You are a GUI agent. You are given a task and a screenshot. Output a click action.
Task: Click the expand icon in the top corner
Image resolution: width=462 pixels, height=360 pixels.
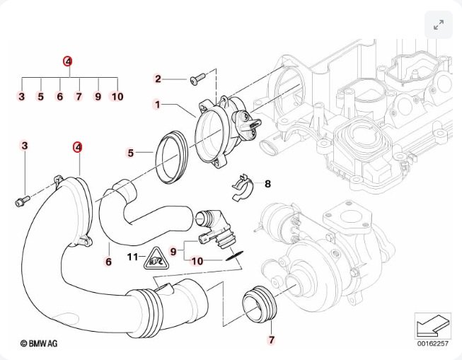click(x=438, y=25)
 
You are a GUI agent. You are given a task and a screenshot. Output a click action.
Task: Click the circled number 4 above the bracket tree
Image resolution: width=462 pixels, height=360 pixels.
click(x=68, y=62)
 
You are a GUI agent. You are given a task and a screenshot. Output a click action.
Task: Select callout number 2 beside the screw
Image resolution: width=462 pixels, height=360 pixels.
click(x=158, y=79)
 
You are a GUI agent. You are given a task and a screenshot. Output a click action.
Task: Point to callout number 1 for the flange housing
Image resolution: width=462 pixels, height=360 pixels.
click(x=158, y=105)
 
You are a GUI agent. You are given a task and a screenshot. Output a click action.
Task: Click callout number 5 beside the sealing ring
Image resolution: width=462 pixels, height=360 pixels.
click(x=130, y=152)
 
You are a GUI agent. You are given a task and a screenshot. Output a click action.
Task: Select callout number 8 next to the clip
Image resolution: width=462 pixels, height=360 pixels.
click(x=267, y=184)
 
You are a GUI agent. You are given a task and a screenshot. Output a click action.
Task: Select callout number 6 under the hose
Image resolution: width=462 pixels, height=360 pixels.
click(x=108, y=262)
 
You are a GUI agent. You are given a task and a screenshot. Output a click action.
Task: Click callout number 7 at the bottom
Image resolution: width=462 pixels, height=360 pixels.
click(x=271, y=340)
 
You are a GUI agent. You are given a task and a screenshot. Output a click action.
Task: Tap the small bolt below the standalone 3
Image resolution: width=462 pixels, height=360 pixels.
click(x=21, y=202)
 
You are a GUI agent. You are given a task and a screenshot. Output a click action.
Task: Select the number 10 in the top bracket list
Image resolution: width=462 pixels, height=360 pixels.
click(x=117, y=96)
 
